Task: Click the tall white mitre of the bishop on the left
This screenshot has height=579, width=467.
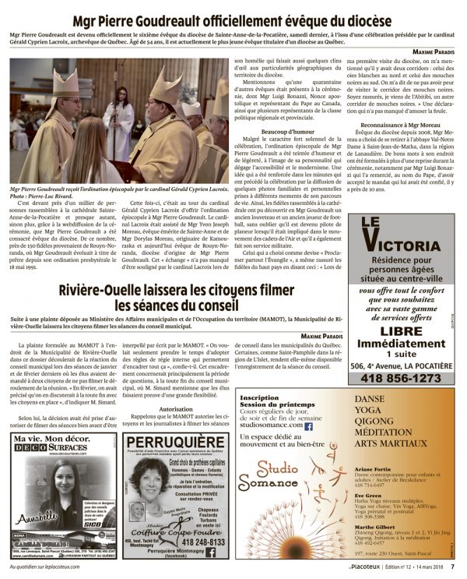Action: (64, 85)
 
